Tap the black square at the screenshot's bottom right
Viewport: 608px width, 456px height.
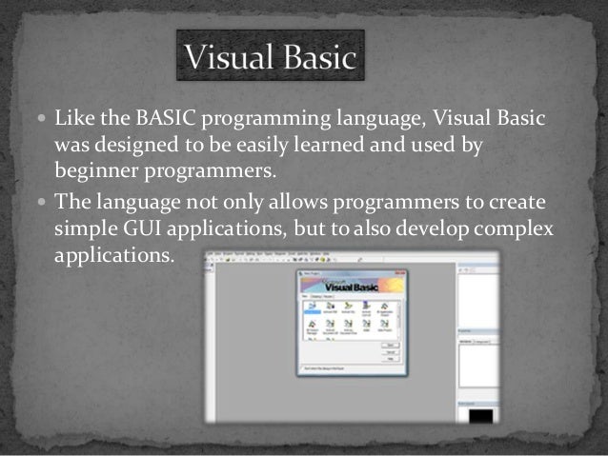(x=477, y=416)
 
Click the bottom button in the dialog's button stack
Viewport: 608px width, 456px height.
(x=389, y=359)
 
